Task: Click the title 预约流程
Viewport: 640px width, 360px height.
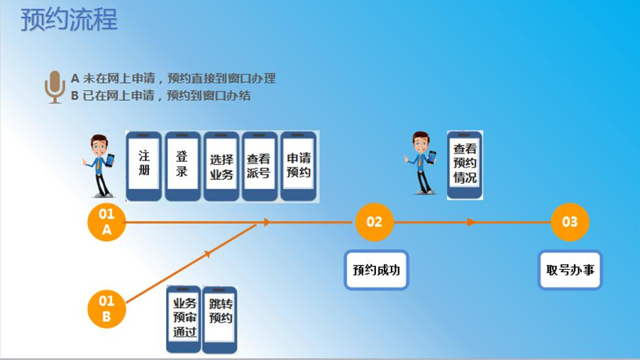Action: click(69, 20)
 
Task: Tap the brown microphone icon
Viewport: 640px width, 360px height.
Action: click(55, 87)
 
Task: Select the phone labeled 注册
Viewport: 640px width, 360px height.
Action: click(144, 165)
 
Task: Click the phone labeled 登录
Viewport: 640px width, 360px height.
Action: click(182, 165)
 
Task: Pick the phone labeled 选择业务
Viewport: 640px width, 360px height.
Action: click(221, 166)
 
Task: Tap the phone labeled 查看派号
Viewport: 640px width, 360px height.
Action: click(259, 166)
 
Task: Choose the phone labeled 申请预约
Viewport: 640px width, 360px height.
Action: click(298, 165)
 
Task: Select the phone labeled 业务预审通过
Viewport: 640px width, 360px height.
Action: click(184, 319)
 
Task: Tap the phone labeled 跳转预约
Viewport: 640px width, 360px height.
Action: click(220, 319)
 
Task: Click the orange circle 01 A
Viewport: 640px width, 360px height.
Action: click(106, 222)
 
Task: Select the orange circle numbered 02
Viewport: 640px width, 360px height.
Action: click(374, 222)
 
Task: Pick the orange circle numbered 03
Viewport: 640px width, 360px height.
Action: click(570, 222)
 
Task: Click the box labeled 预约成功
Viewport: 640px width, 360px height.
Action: click(377, 270)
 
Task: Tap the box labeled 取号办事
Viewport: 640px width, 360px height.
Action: click(570, 270)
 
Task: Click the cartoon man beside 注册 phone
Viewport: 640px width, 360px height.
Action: click(100, 165)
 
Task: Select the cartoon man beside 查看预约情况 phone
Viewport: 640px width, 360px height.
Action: click(421, 163)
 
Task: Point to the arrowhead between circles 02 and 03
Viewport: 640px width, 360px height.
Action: click(471, 222)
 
